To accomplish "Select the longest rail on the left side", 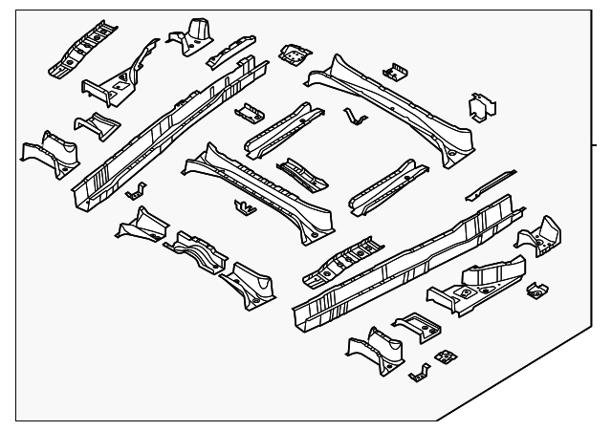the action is (167, 124).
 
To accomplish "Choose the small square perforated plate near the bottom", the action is (444, 356).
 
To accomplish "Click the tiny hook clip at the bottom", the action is (416, 373).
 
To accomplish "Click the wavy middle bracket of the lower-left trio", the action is (196, 250).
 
